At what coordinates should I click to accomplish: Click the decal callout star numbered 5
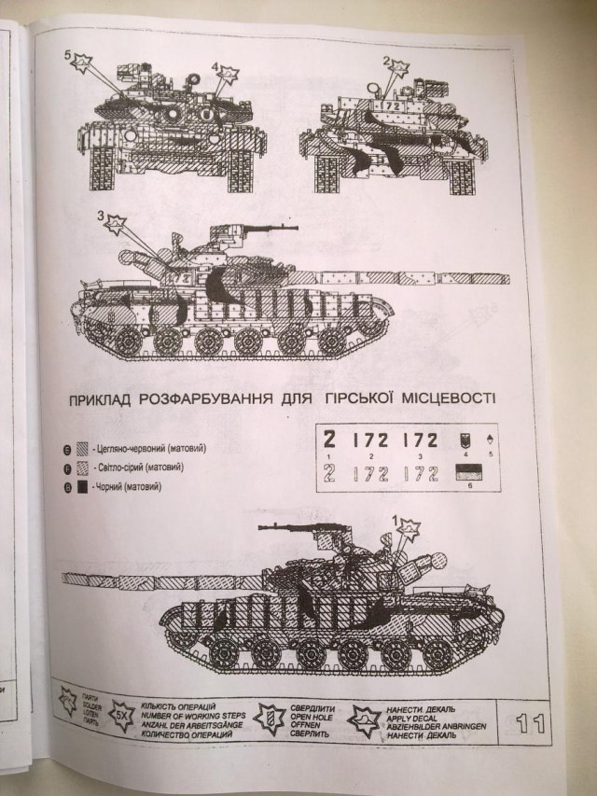point(82,63)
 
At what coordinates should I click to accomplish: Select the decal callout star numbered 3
point(115,224)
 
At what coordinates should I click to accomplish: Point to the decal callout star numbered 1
point(407,530)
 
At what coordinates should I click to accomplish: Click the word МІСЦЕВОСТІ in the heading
point(450,398)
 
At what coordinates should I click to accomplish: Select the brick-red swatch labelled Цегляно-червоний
point(83,448)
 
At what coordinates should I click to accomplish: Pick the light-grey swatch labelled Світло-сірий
point(83,468)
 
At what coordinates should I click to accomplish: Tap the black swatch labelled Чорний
point(83,487)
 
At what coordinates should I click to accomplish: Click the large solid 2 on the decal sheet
point(330,440)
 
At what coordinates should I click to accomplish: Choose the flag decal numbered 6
point(465,473)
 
